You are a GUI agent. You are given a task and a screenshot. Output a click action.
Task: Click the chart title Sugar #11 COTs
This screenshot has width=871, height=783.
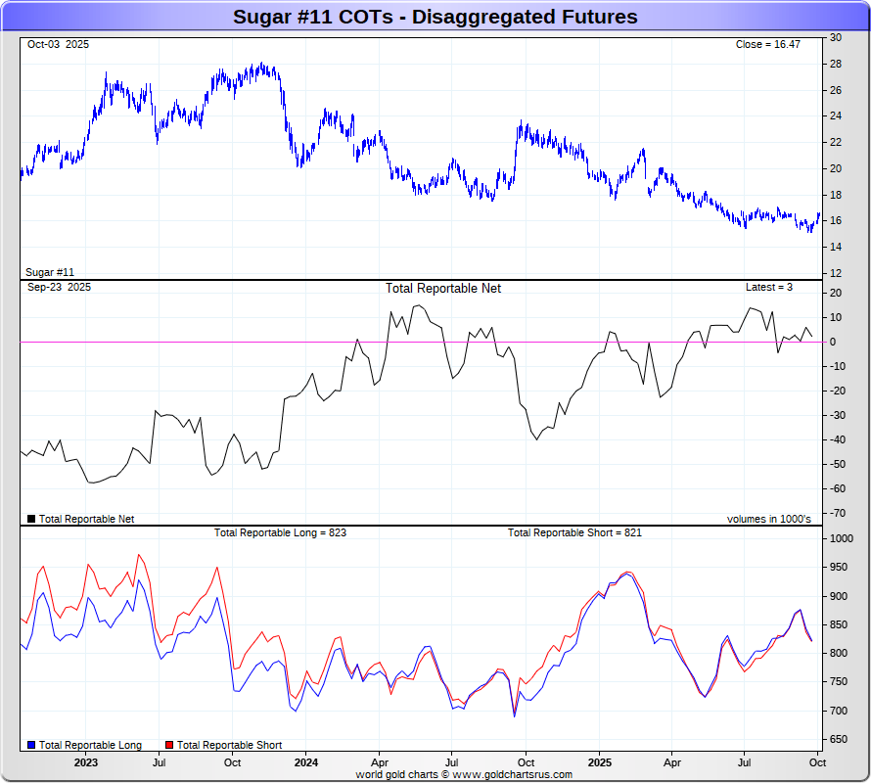point(435,17)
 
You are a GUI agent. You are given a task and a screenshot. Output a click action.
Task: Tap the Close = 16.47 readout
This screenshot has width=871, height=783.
point(774,45)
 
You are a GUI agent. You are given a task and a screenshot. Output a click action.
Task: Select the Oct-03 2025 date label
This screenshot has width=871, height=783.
point(58,45)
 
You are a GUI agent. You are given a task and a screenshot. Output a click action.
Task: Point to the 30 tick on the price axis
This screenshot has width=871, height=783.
point(836,37)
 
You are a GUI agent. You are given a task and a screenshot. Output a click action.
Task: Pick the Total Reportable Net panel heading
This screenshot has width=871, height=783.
point(442,289)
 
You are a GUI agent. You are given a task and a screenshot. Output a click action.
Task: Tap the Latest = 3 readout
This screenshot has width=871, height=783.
point(768,288)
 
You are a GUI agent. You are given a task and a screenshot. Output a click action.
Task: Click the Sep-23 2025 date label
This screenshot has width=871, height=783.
point(59,288)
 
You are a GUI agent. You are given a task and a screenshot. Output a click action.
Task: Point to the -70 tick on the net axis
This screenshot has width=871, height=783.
point(838,513)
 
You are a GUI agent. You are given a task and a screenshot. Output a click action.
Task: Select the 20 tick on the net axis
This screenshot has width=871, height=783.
point(836,293)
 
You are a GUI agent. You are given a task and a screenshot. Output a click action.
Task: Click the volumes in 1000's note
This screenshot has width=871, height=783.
point(768,519)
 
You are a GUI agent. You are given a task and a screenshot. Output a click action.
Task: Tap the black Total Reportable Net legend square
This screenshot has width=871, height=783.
point(31,519)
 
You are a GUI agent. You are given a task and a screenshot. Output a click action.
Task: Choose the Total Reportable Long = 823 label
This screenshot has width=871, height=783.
point(280,533)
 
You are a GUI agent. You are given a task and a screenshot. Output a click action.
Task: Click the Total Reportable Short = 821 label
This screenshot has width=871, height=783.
point(574,533)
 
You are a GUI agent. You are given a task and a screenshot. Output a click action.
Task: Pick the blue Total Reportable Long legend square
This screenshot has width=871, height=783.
point(31,746)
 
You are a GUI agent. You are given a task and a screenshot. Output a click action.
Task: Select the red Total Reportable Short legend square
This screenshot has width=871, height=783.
point(169,746)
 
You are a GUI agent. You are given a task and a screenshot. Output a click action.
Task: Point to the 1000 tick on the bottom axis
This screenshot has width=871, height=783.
point(842,538)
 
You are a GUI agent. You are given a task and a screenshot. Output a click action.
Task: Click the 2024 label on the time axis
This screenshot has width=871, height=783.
point(305,762)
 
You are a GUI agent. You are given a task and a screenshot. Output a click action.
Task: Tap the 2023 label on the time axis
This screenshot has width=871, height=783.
point(85,762)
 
